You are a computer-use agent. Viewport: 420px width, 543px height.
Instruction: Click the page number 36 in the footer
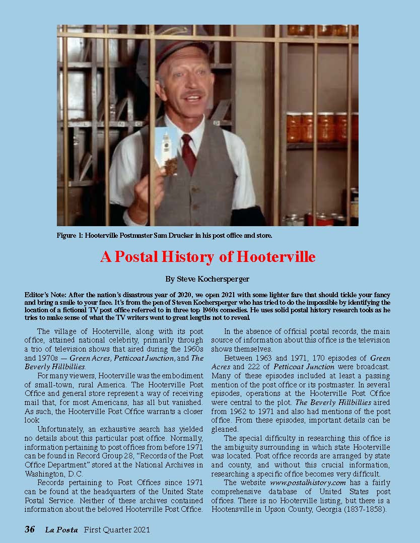pyautogui.click(x=30, y=529)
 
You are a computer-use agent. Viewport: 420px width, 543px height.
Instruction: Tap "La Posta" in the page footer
pyautogui.click(x=61, y=529)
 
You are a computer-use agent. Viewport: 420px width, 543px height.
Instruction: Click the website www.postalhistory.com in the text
pyautogui.click(x=303, y=482)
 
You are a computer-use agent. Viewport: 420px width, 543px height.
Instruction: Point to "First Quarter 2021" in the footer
pyautogui.click(x=117, y=529)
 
